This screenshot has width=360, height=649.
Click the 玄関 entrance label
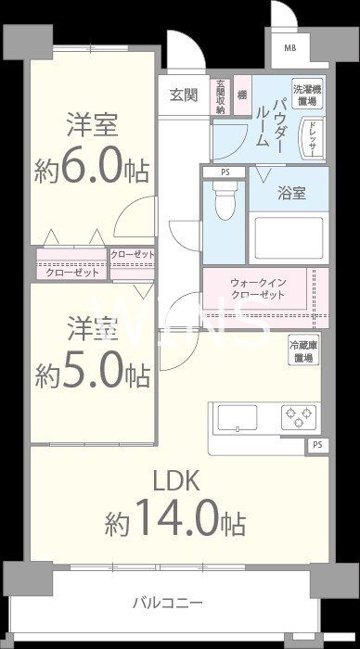[x=184, y=95]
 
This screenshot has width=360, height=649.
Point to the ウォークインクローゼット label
[x=256, y=286]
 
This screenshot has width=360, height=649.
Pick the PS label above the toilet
[x=224, y=172]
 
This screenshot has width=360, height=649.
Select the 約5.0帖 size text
[x=91, y=373]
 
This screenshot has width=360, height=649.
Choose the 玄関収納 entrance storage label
[x=221, y=96]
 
